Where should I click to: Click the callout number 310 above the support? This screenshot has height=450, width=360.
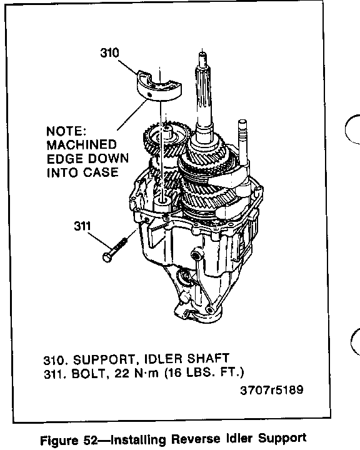click(109, 52)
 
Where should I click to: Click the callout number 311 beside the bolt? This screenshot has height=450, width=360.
click(82, 226)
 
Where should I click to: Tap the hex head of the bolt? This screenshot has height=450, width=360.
click(107, 257)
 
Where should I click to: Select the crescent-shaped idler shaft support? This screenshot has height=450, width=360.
click(159, 86)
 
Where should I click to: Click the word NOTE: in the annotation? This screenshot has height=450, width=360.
click(66, 131)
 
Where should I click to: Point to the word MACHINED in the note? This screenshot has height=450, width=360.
click(81, 145)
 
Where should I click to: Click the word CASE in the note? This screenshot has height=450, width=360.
click(101, 172)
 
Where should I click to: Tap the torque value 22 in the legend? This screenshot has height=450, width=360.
click(122, 374)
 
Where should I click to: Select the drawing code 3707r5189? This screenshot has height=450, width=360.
click(272, 390)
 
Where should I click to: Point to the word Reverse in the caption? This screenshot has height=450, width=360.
click(197, 439)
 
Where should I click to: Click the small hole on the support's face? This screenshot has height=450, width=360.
click(149, 94)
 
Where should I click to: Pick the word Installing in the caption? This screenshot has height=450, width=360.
click(138, 439)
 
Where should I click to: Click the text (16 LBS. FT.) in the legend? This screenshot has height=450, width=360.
click(204, 372)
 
